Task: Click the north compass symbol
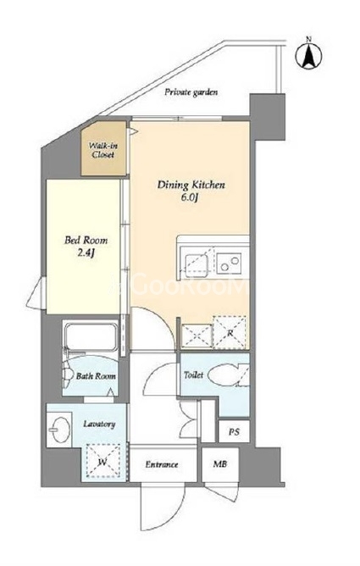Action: [308, 54]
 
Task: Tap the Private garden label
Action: [191, 92]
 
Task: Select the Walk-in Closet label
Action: [103, 150]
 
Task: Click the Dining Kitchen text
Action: [191, 186]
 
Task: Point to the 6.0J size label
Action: [191, 197]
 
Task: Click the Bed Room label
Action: [86, 240]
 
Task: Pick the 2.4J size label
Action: [86, 253]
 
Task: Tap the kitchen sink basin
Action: [197, 265]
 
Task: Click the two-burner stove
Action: [229, 263]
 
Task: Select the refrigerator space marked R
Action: [230, 332]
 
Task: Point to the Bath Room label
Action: [96, 376]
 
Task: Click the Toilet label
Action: [194, 375]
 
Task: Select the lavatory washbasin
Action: [59, 430]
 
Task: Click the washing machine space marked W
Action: [102, 461]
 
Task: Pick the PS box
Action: [234, 431]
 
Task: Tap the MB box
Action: [220, 464]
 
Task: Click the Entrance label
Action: [162, 464]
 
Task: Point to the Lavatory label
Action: [99, 424]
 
